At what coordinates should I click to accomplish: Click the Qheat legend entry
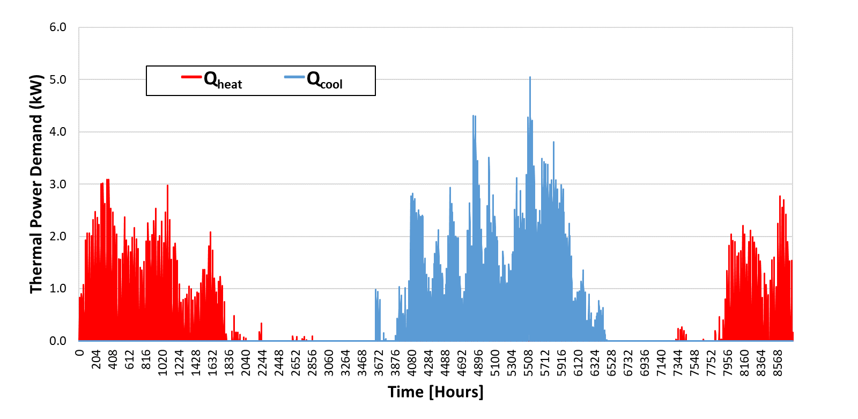(x=212, y=80)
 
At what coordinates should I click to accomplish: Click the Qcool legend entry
(x=313, y=80)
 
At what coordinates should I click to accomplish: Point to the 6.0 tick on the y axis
(x=58, y=27)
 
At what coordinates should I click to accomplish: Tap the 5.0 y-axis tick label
(x=58, y=80)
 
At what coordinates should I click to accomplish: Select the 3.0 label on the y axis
(x=58, y=184)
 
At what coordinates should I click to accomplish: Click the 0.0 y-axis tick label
(x=58, y=341)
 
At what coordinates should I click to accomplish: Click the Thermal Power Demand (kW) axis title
(x=36, y=184)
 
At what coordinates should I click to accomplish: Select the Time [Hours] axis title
(x=435, y=392)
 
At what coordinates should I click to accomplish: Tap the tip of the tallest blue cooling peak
(x=530, y=77)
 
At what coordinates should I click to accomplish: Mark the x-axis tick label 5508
(x=529, y=363)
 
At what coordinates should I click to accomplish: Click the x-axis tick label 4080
(x=412, y=363)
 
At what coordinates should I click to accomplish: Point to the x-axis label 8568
(x=778, y=363)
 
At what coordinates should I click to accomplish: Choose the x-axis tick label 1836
(x=229, y=363)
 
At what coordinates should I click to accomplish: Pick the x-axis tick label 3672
(x=379, y=363)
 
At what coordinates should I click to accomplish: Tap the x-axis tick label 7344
(x=678, y=363)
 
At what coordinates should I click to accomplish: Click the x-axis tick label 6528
(x=612, y=363)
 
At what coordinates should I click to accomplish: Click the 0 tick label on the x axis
(x=79, y=352)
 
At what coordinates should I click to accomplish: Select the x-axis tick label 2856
(x=312, y=363)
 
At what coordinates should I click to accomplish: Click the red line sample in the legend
(x=191, y=77)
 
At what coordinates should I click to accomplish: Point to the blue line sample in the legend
(x=294, y=77)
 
